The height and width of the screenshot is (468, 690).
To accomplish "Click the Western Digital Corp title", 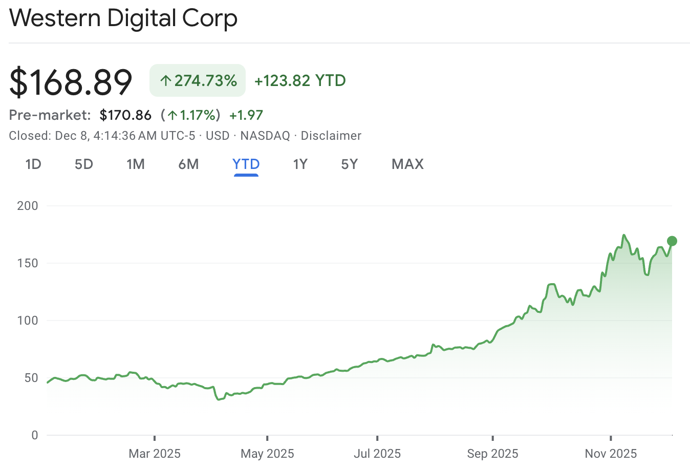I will [x=123, y=18].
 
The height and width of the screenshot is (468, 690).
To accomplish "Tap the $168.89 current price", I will [x=71, y=81].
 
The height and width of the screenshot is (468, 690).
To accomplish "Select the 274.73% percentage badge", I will [x=198, y=80].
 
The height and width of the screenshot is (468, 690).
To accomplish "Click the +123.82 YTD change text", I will [x=300, y=80].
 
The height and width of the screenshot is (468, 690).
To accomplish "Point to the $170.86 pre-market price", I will [x=125, y=115].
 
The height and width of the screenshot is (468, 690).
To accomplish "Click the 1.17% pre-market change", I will [x=191, y=115].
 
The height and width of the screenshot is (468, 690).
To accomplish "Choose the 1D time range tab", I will [x=33, y=164].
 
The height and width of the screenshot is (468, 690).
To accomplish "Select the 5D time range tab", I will [x=84, y=164].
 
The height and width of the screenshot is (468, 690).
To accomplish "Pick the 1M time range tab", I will [x=136, y=164].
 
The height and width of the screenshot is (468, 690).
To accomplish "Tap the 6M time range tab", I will [x=188, y=164].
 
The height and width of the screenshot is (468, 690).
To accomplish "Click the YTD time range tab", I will [x=246, y=164].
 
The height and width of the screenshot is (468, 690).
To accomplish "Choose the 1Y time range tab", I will [x=300, y=164].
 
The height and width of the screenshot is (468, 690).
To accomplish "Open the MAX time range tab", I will [x=407, y=164].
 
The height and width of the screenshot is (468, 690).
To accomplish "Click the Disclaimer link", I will [x=331, y=136].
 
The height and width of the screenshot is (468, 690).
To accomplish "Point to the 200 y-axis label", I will [x=28, y=206].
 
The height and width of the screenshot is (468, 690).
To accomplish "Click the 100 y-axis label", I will [x=28, y=321].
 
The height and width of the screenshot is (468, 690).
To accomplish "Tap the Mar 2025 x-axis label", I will [x=155, y=454].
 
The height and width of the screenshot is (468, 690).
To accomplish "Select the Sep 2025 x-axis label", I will [x=492, y=454].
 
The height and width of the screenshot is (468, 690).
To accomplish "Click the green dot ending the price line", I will [x=672, y=241].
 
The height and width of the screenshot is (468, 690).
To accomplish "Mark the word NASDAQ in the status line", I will [x=265, y=136].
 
